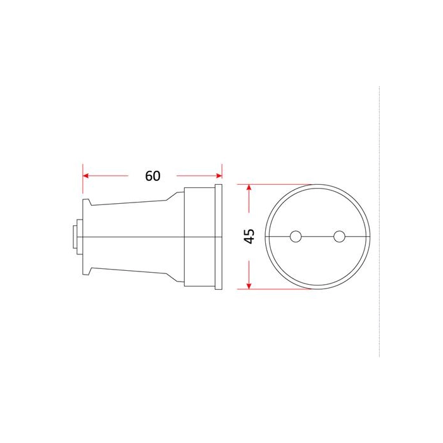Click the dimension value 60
pyautogui.click(x=153, y=176)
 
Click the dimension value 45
pyautogui.click(x=249, y=236)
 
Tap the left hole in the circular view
pyautogui.click(x=296, y=237)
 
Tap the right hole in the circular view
pyautogui.click(x=339, y=237)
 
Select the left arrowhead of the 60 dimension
pyautogui.click(x=86, y=176)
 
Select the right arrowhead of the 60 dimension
pyautogui.click(x=219, y=176)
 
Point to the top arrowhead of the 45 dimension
pyautogui.click(x=249, y=187)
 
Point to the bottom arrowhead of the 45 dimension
pyautogui.click(x=249, y=285)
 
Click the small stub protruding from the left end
pyautogui.click(x=75, y=237)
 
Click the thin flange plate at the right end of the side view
pyautogui.click(x=218, y=237)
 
